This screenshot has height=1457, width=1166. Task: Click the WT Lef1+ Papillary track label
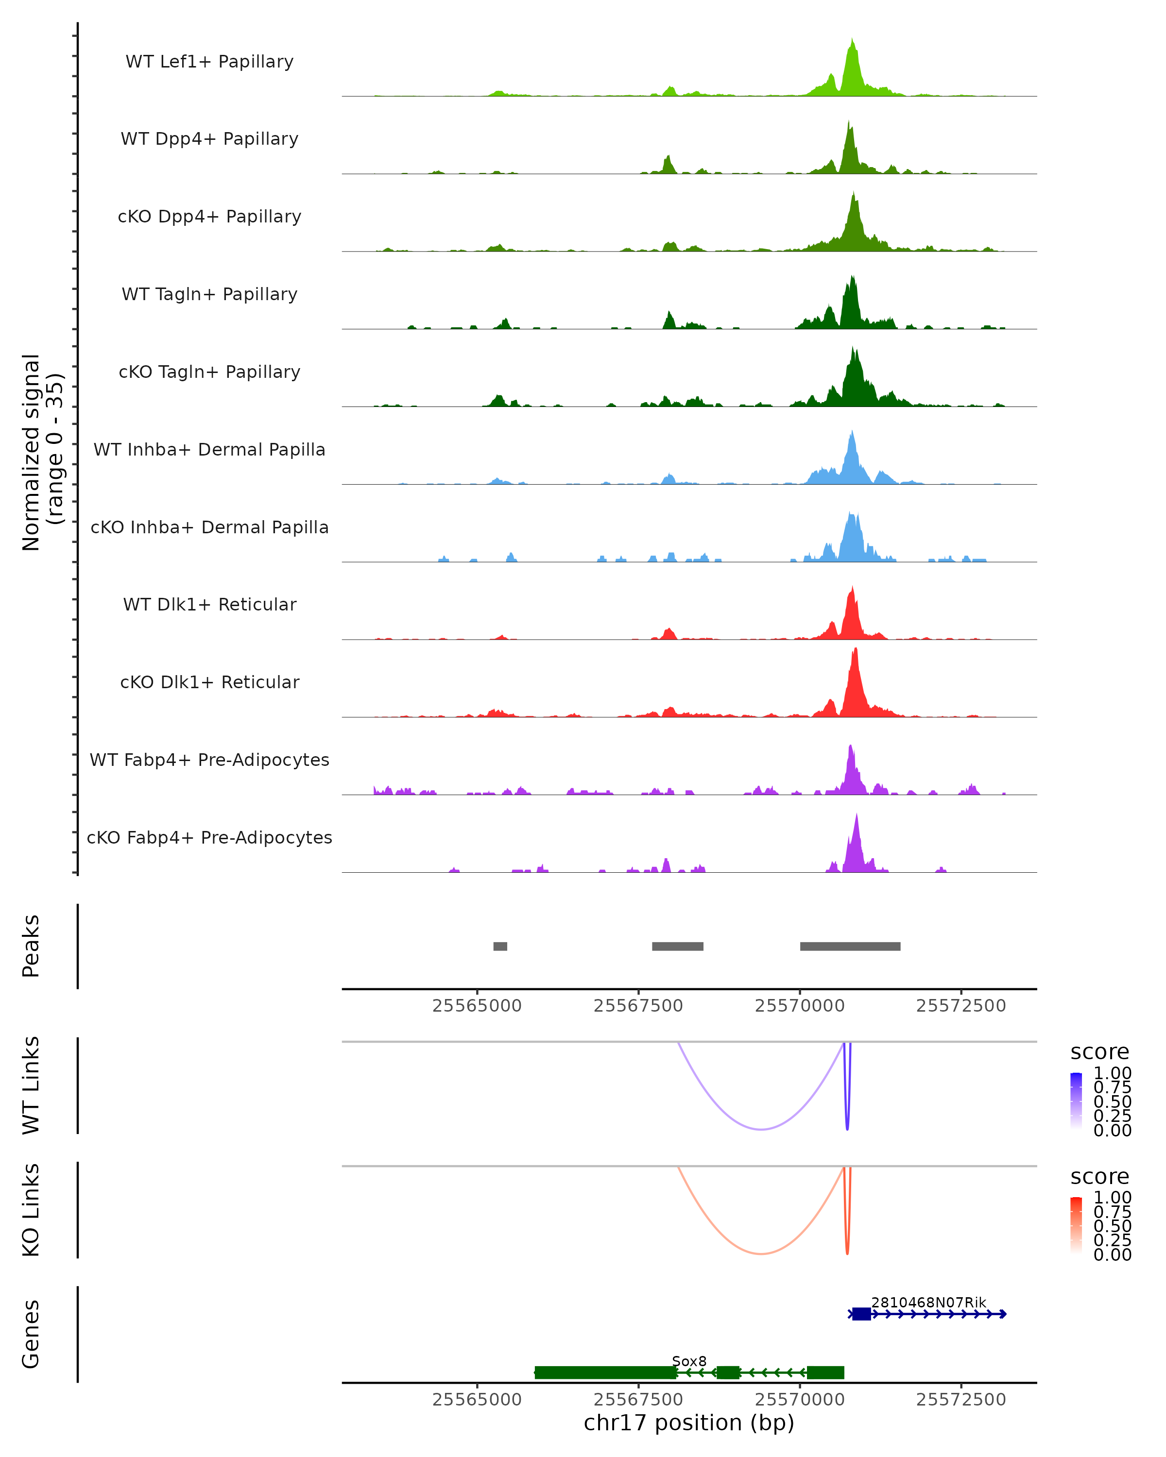[x=209, y=62]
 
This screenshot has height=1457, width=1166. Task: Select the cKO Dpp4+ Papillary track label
[x=209, y=216]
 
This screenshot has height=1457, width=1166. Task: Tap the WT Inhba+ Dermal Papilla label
[x=209, y=449]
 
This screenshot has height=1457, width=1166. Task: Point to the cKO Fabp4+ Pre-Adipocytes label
[x=209, y=837]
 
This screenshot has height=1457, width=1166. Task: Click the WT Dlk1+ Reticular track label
[x=209, y=604]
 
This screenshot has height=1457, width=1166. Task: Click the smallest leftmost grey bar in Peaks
[x=500, y=946]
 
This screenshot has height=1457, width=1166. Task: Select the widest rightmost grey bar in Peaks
[x=850, y=946]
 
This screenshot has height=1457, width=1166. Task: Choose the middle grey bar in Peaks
[x=677, y=946]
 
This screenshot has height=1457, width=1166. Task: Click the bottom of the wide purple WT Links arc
[x=761, y=1129]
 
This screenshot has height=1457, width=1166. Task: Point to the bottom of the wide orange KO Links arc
[x=761, y=1254]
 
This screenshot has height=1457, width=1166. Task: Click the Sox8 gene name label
[x=689, y=1361]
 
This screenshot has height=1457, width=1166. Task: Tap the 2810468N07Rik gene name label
[x=928, y=1302]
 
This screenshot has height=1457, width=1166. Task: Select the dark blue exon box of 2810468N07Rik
[x=861, y=1314]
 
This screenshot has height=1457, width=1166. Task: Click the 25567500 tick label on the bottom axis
[x=638, y=1400]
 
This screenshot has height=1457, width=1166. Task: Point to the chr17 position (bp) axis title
[x=689, y=1423]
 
